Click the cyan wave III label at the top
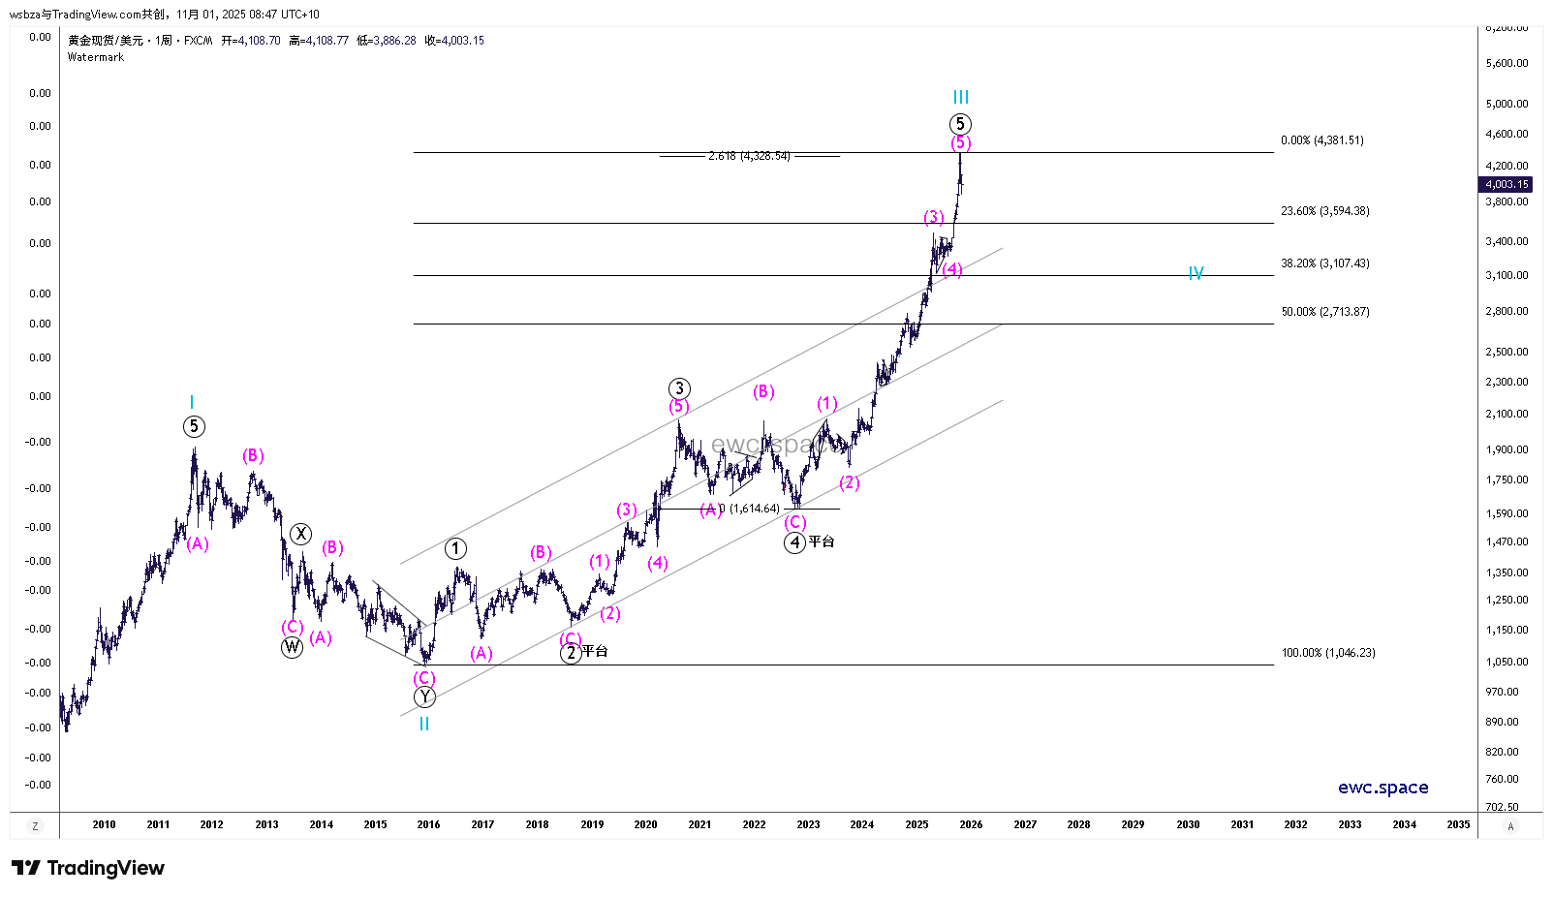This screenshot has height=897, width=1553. pyautogui.click(x=960, y=97)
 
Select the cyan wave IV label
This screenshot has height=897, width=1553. pyautogui.click(x=1196, y=274)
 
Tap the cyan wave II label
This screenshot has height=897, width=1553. pyautogui.click(x=424, y=724)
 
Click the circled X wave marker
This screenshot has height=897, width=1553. pyautogui.click(x=301, y=534)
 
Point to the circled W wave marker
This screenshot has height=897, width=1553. pyautogui.click(x=292, y=647)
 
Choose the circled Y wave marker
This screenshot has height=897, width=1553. pyautogui.click(x=424, y=697)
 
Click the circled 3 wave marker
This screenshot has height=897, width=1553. pyautogui.click(x=679, y=388)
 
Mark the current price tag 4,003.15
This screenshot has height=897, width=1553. pyautogui.click(x=1506, y=184)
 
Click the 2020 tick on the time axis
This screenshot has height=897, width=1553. pyautogui.click(x=645, y=824)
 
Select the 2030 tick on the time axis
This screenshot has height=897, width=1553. pyautogui.click(x=1188, y=824)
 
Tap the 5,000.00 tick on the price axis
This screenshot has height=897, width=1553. pyautogui.click(x=1506, y=104)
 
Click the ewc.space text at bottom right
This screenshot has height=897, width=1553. pyautogui.click(x=1382, y=788)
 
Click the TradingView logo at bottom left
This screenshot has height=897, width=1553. pyautogui.click(x=88, y=868)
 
